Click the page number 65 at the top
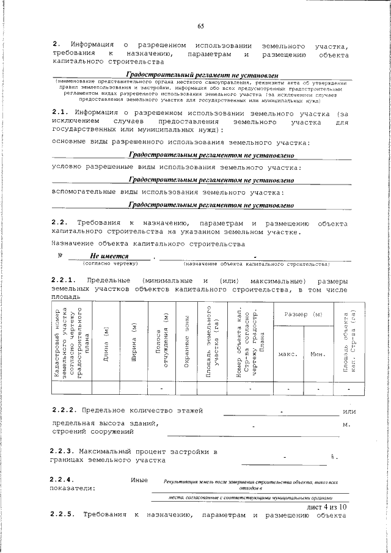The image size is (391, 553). click(200, 26)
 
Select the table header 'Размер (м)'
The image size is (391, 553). click(304, 313)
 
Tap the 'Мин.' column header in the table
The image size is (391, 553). click(318, 354)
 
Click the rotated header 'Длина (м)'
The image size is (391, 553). click(106, 345)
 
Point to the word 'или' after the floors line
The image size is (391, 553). click(350, 409)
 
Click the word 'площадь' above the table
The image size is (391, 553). click(66, 296)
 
